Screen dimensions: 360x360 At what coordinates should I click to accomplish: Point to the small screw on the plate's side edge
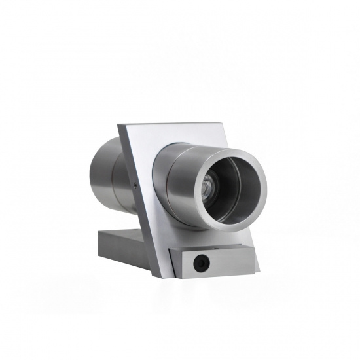tap(134, 186)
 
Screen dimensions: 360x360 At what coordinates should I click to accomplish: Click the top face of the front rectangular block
tap(209, 249)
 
